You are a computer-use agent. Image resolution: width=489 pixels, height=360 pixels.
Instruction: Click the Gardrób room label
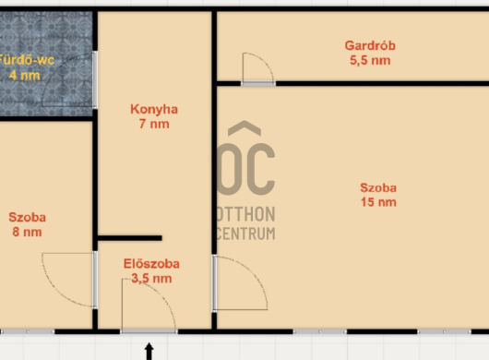[370, 45]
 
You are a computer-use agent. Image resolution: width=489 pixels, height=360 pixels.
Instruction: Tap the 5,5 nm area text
[370, 60]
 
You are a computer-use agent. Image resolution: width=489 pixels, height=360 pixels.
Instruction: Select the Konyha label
[154, 109]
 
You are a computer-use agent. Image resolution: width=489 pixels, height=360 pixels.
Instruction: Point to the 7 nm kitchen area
[154, 124]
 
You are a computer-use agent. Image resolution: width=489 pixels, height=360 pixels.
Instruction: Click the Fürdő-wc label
[26, 60]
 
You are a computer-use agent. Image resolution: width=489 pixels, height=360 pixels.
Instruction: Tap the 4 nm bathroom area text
[25, 75]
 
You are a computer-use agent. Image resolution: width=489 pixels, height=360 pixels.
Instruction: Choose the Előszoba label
[151, 264]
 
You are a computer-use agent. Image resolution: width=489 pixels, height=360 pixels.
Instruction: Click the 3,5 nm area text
[151, 278]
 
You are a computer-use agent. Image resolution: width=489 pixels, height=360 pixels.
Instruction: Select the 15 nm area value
[378, 202]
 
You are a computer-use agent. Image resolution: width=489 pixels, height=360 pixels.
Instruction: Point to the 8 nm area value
[27, 232]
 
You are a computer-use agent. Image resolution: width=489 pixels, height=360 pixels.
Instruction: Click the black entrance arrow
[149, 352]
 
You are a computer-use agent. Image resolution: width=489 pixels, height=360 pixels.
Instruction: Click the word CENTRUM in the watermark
[245, 234]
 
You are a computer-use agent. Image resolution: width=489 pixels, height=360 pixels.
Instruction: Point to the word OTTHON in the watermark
[245, 214]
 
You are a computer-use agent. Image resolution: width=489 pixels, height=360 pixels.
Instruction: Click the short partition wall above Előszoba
[130, 238]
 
